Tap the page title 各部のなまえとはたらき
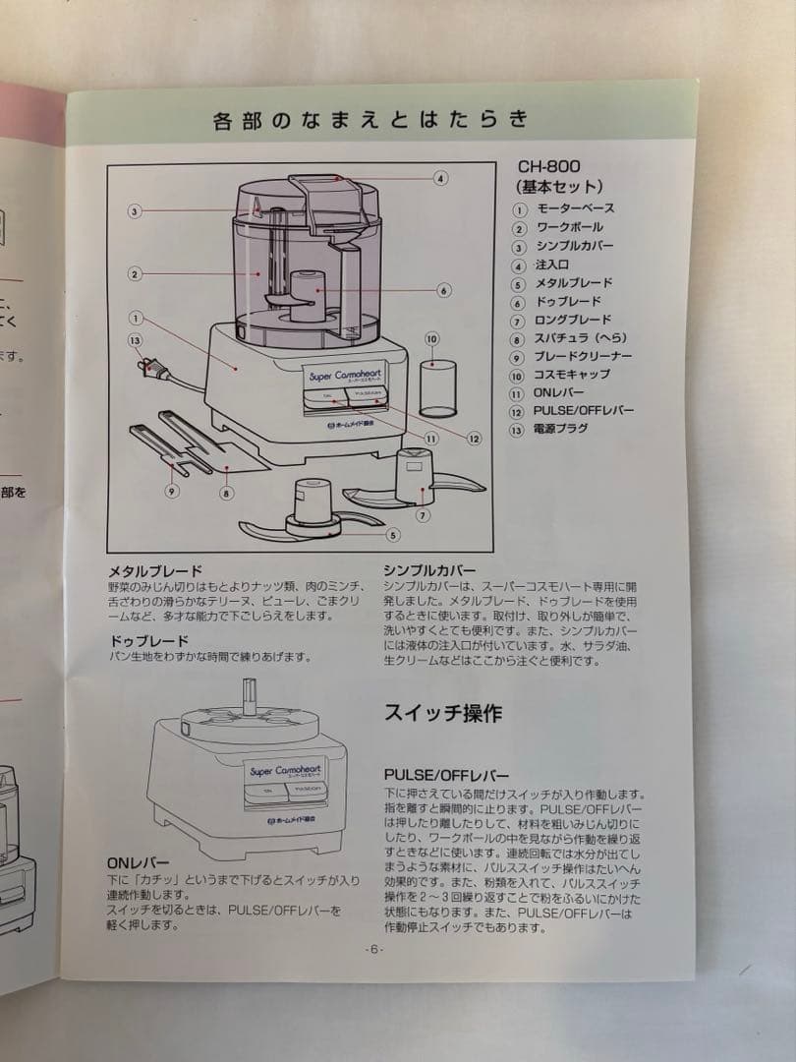371,120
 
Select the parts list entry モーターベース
575,208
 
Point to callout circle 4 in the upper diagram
440,178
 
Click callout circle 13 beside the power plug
136,339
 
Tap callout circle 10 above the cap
431,338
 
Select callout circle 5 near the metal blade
393,535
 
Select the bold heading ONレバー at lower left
139,862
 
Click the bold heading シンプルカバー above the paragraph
429,570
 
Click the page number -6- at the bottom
373,949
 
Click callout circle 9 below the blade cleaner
171,491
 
